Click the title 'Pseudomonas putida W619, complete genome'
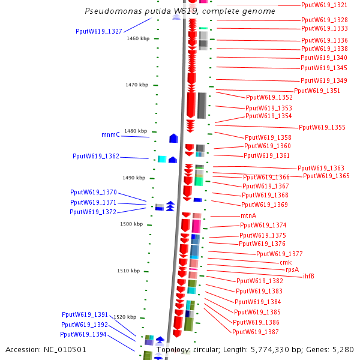coord(180,11)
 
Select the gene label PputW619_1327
coord(99,31)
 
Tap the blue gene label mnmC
coord(110,135)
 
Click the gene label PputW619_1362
coord(96,156)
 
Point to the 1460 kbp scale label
coord(138,38)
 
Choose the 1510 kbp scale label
coord(128,271)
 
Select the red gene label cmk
coord(286,262)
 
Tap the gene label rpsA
coord(292,269)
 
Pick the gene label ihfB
coord(308,276)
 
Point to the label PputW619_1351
coord(317,91)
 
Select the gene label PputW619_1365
coord(326,176)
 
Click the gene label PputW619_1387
coord(255,332)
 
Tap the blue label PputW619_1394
coord(83,334)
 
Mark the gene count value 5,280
coord(343,349)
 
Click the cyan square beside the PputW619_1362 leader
coord(161,159)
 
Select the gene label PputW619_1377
coord(279,254)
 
